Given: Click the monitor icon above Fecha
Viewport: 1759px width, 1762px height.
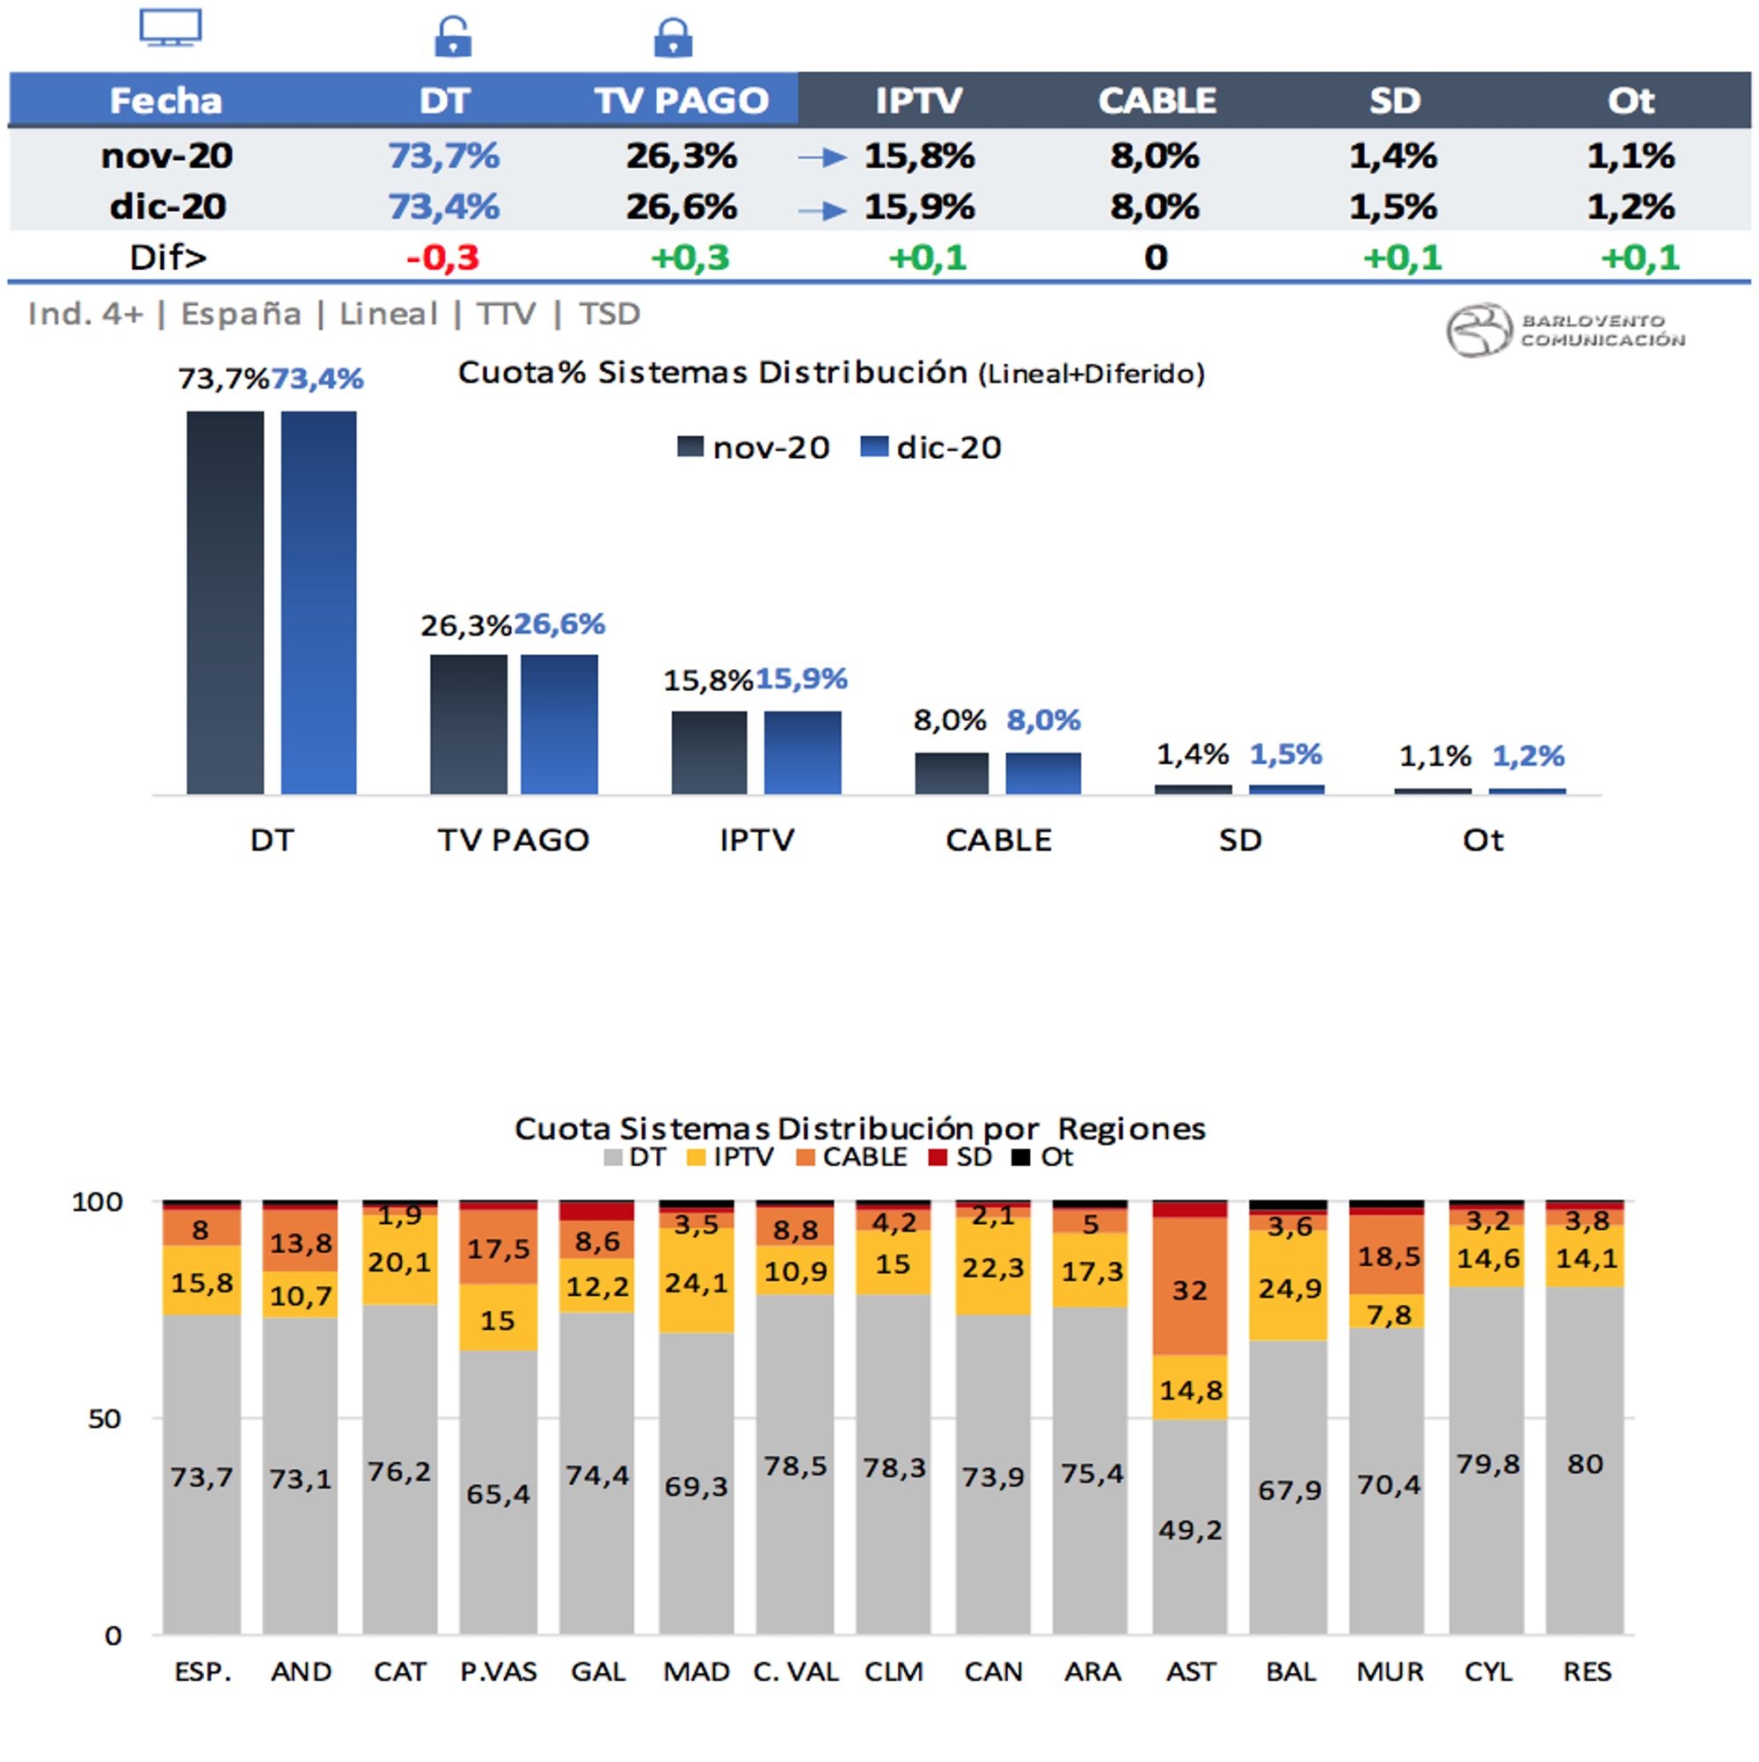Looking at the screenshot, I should click(171, 27).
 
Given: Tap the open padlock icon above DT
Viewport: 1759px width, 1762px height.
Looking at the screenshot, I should click(453, 38).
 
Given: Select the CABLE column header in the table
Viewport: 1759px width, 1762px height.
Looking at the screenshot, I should click(1156, 100).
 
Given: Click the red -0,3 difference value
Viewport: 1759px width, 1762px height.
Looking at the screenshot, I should click(442, 258).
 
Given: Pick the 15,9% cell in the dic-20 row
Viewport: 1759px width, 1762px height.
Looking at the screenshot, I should click(919, 207).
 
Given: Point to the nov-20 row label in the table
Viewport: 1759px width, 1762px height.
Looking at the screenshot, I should click(167, 156).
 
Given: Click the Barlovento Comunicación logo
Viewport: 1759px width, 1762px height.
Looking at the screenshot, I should click(1565, 329).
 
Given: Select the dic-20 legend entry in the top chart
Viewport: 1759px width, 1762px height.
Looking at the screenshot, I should click(931, 448).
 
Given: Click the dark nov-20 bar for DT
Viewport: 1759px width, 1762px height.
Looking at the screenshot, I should click(225, 602).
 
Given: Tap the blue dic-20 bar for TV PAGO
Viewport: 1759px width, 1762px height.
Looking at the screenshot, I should click(559, 724).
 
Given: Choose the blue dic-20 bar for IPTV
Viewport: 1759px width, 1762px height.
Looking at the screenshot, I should click(802, 753).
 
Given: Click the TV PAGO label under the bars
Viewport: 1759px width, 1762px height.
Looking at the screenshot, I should click(514, 840).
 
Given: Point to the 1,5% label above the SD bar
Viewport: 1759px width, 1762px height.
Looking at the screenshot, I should click(1285, 754).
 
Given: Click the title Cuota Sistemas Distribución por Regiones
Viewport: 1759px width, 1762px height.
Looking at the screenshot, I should click(859, 1129).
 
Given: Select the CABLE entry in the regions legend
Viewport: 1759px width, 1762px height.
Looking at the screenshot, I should click(852, 1157).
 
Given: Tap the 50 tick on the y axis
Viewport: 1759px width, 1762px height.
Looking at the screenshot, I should click(105, 1418).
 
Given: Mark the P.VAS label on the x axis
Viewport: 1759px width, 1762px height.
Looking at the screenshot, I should click(498, 1671).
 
